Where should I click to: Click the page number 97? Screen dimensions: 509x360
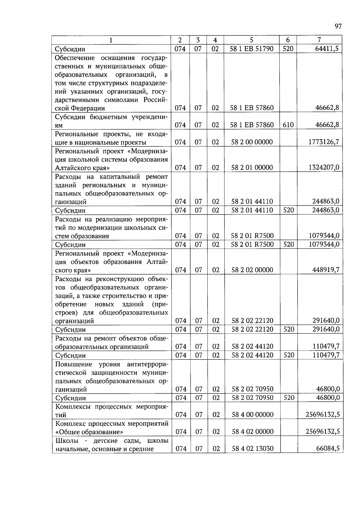pos(338,26)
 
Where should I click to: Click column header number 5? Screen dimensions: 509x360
pos(251,40)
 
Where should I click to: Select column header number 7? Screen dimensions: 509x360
pos(319,40)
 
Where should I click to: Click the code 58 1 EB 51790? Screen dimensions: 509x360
pos(251,49)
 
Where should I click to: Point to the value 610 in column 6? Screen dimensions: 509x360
pos(288,125)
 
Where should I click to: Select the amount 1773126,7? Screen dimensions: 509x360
pos(324,142)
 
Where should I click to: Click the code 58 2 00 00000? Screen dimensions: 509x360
pos(252,142)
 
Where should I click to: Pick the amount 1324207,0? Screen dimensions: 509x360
pos(324,167)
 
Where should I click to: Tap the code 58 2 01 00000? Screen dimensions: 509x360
pos(252,167)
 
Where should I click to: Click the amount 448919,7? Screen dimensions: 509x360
pos(326,270)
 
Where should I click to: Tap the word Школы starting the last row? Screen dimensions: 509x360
pos(67,441)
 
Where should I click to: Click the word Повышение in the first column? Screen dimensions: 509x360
pos(73,364)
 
